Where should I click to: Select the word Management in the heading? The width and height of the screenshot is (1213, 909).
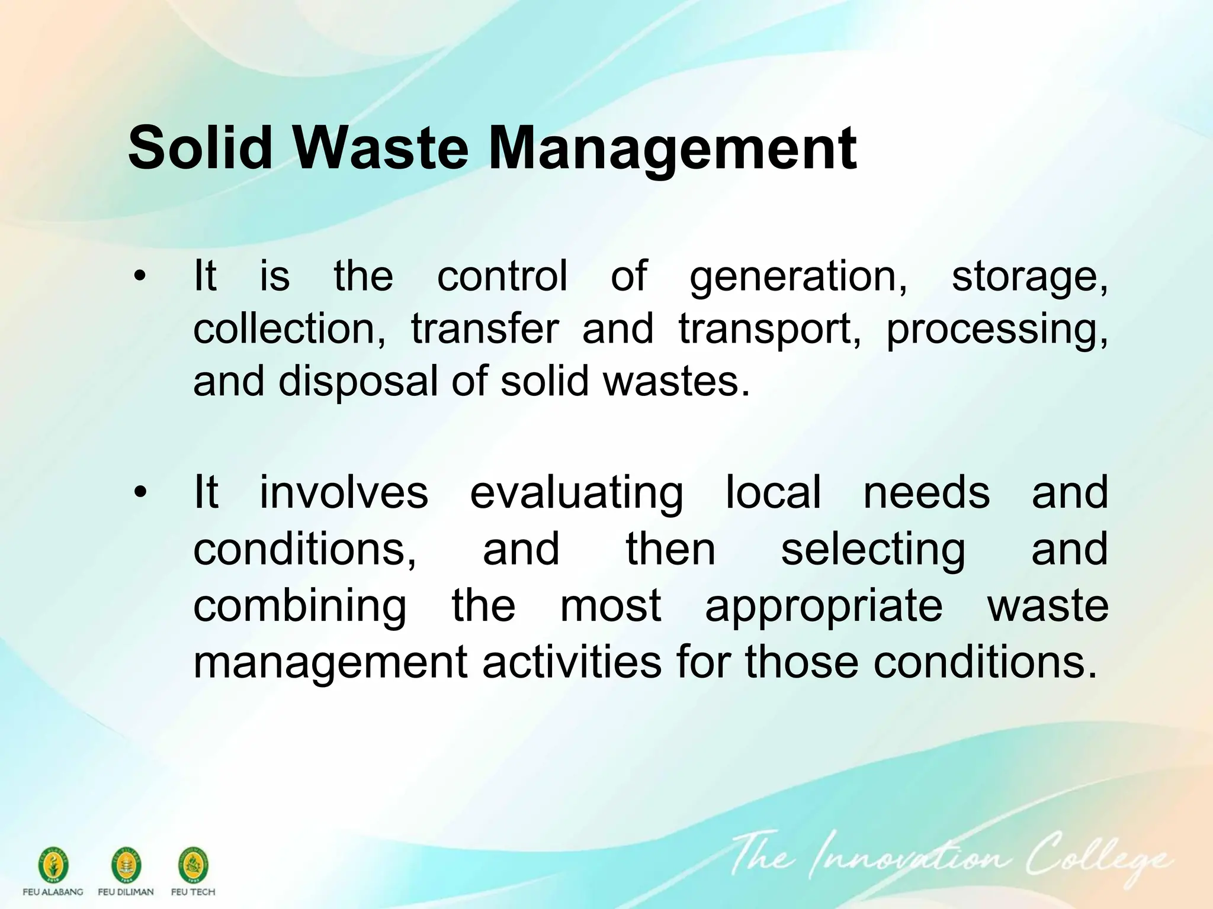click(672, 149)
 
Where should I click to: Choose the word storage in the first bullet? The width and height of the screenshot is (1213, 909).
click(1029, 278)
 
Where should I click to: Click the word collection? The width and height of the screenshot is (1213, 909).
click(289, 329)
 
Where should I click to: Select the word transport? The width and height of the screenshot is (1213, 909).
click(769, 330)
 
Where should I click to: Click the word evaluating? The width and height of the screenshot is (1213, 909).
click(576, 492)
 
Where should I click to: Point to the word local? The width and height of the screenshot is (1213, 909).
click(774, 492)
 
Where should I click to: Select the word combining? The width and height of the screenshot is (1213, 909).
click(300, 607)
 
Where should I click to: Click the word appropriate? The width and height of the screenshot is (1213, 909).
click(823, 607)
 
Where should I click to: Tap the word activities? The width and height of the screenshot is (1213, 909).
click(572, 662)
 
